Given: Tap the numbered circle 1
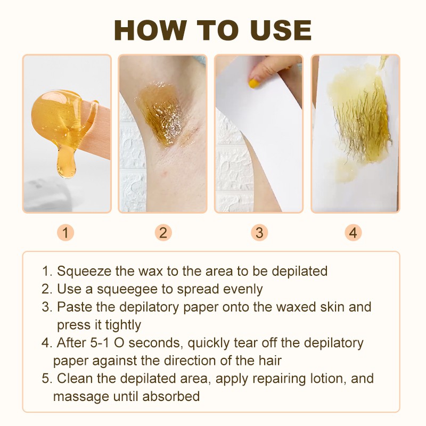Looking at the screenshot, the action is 65,233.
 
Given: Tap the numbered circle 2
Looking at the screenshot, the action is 163,233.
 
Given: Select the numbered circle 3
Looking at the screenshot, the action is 259,233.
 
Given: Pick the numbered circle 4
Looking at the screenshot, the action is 353,233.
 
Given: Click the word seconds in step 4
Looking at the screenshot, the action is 154,343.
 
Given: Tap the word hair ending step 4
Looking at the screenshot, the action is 270,361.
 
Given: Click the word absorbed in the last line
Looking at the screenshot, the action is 171,396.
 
